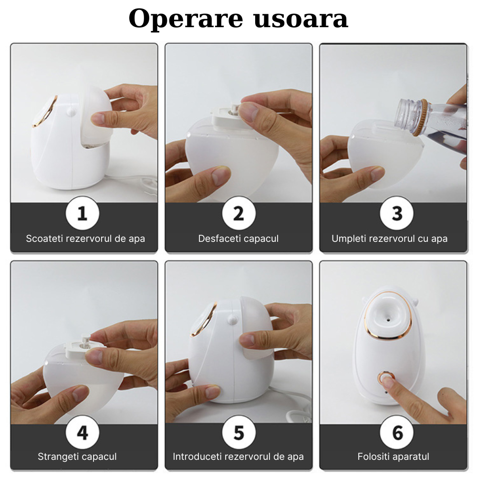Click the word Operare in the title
click(186, 19)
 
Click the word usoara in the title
click(301, 20)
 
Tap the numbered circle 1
click(83, 213)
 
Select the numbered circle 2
click(239, 213)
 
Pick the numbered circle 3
click(397, 213)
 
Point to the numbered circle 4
click(83, 432)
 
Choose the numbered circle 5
click(239, 432)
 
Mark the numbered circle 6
click(397, 432)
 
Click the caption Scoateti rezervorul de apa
click(85, 238)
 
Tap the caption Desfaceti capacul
click(238, 238)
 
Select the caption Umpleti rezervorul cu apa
click(390, 238)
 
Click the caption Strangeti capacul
click(77, 456)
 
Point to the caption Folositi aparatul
click(394, 456)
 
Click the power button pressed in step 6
click(386, 378)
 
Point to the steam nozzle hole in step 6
click(388, 320)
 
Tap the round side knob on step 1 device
click(71, 112)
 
